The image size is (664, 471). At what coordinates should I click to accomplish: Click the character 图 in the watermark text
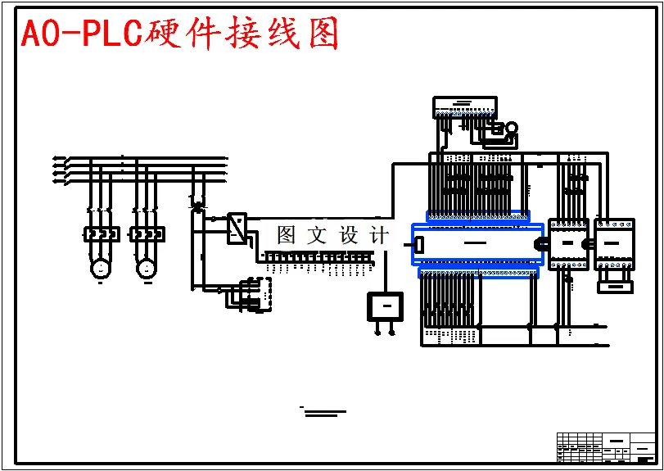[286, 236]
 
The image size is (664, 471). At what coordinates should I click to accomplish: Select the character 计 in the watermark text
[379, 236]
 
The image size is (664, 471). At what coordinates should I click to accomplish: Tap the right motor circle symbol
[147, 267]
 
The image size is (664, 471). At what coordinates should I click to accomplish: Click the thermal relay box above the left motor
[102, 234]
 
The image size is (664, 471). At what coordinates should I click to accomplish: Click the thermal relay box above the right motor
[147, 234]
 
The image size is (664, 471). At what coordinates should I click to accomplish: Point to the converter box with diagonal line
[237, 228]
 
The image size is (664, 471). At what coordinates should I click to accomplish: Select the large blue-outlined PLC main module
[477, 244]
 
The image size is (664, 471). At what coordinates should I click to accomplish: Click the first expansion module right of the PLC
[568, 243]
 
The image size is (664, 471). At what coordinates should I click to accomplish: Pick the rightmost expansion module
[614, 243]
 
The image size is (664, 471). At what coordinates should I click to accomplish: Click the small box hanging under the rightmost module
[615, 286]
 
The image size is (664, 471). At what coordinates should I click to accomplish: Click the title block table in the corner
[606, 447]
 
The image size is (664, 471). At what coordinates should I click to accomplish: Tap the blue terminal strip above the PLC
[478, 216]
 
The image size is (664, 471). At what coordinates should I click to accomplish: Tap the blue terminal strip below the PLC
[478, 272]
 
